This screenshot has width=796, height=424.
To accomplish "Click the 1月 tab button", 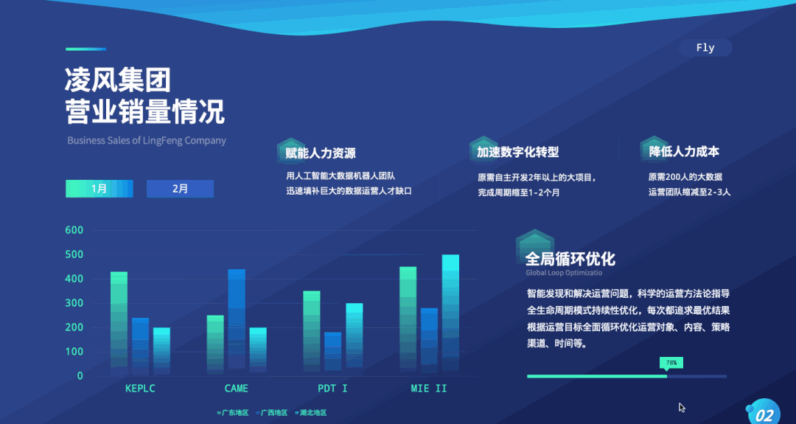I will coord(99,189).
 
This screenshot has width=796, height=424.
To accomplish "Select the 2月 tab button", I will coord(180,189).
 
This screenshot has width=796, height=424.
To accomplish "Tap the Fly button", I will coord(705,48).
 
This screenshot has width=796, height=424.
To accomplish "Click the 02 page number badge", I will coord(766,414).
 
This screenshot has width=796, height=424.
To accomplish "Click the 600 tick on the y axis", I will coord(74,230).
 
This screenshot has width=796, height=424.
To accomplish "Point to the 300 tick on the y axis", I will coord(74,303).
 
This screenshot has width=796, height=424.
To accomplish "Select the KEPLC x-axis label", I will coord(140,388).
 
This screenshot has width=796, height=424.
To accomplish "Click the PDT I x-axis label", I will coord(332,388).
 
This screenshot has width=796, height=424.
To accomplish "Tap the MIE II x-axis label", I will coord(429,388).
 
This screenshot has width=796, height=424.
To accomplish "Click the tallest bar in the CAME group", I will coord(237,321).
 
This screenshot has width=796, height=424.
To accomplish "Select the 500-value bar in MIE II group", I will coord(450,313).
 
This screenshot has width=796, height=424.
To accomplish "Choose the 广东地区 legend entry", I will coord(232,413).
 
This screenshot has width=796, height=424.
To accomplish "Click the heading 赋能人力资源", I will coord(321,153).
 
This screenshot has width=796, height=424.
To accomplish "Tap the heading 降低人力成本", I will coord(684,151).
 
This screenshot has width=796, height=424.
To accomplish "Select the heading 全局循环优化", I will coord(570,259).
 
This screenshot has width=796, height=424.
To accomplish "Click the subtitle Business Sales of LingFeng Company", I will coord(147,140).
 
